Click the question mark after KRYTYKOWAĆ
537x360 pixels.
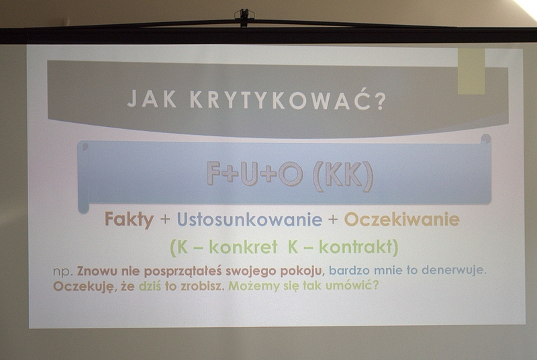379,99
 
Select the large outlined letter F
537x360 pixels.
214,173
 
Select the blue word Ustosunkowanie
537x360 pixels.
250,220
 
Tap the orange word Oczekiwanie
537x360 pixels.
401,220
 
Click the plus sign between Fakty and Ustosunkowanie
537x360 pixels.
165,220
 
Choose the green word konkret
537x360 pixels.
243,246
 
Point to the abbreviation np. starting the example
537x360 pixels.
63,271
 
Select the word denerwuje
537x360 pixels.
454,270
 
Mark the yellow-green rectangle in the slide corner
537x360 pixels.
472,71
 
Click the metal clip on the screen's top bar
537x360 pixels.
244,17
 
